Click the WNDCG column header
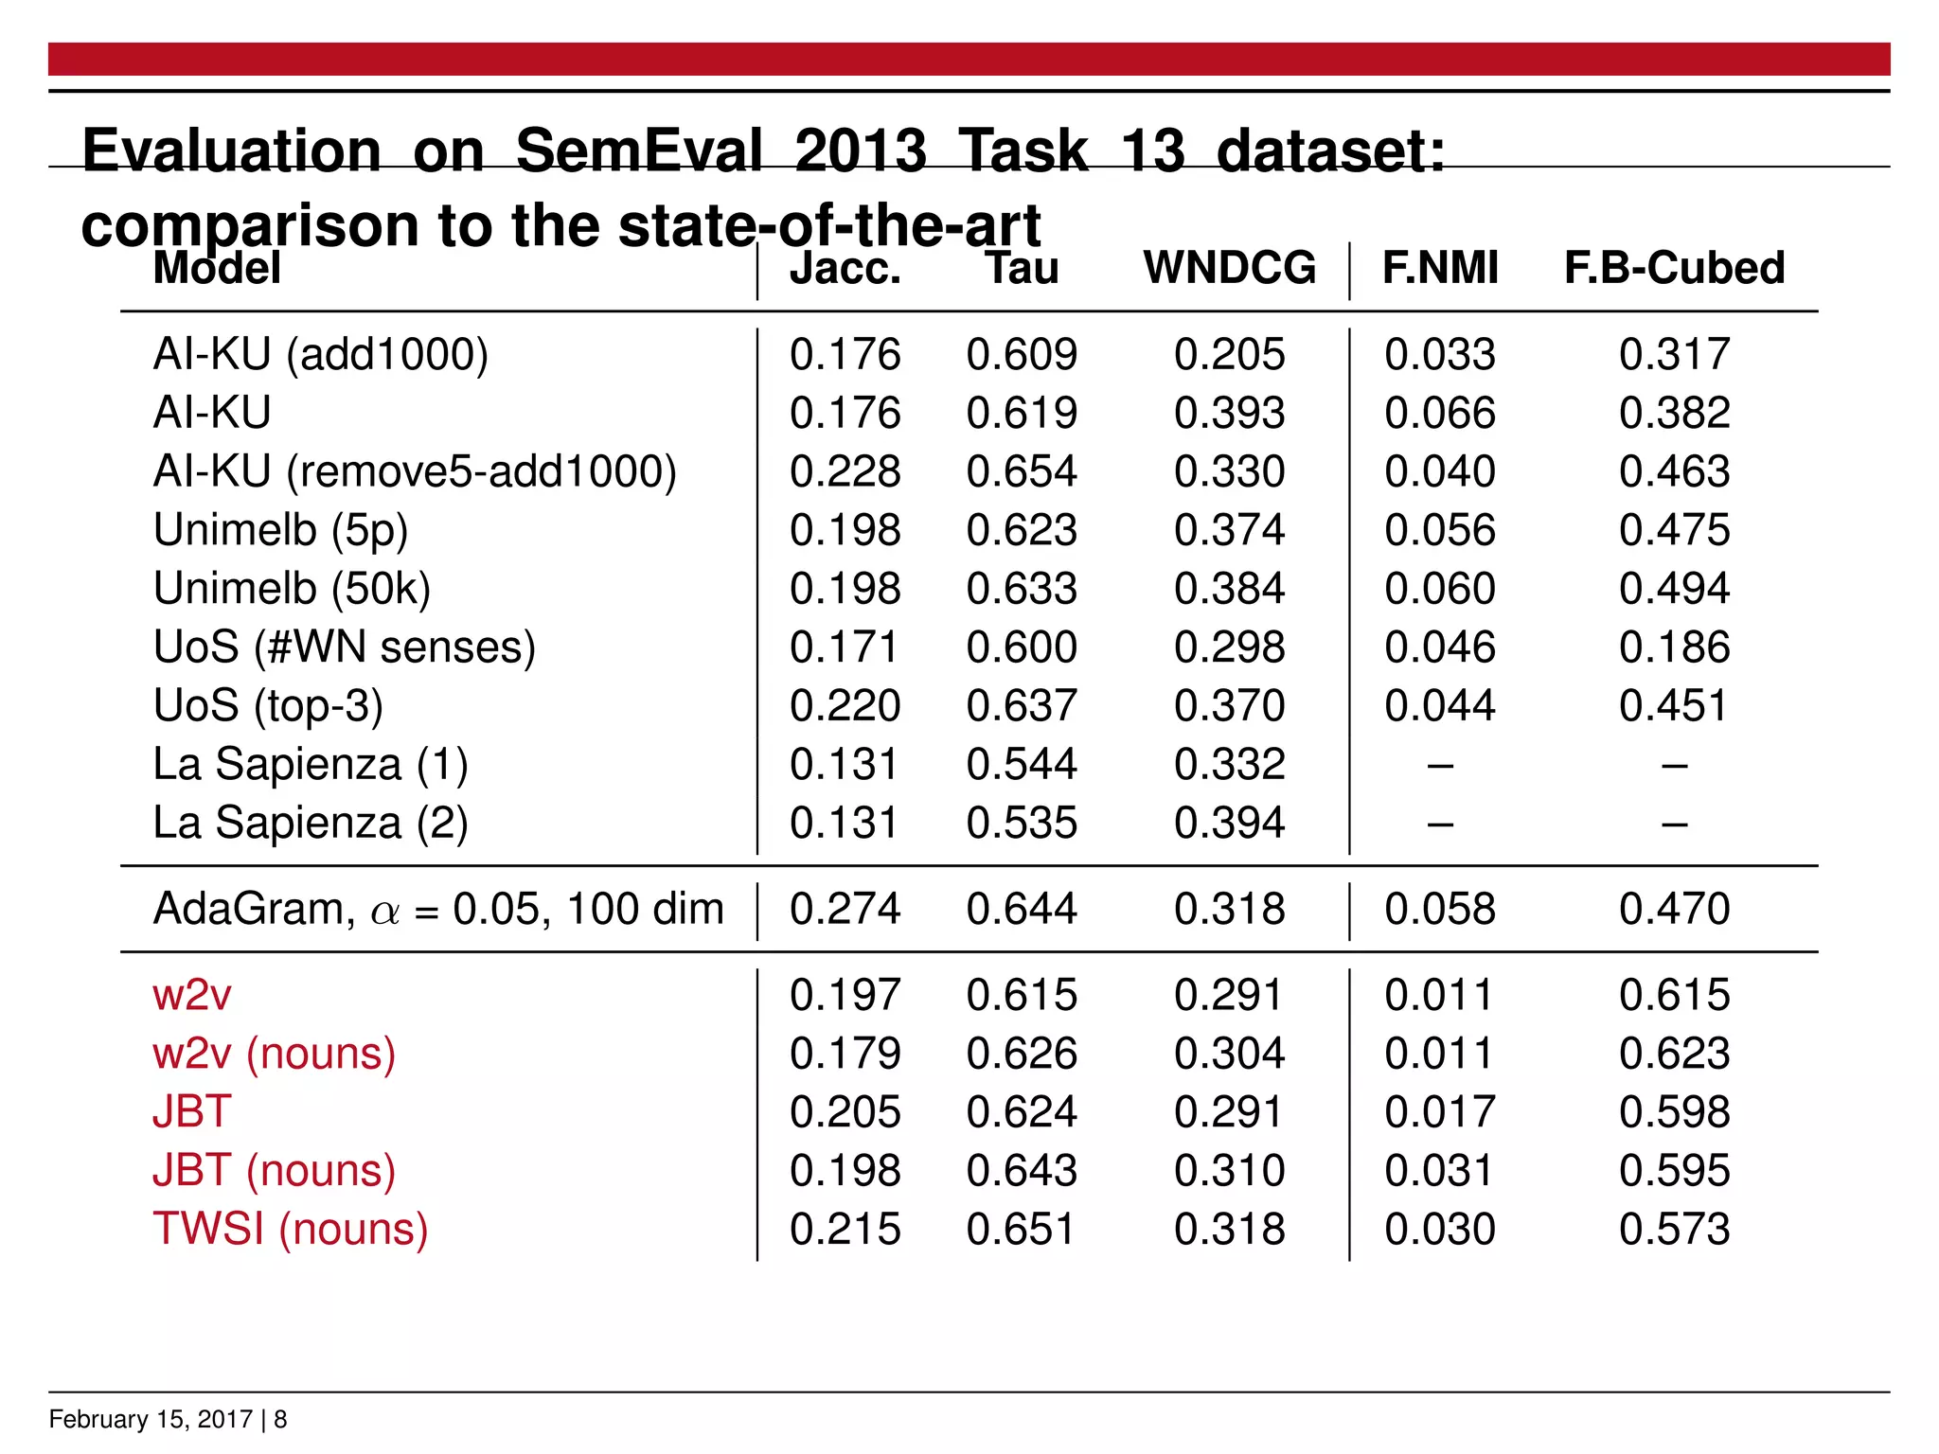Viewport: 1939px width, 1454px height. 1229,268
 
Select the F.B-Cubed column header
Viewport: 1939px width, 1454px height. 1674,268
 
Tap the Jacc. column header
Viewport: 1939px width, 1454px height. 845,268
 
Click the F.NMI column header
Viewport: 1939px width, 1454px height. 1440,268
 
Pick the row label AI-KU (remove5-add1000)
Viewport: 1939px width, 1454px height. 415,471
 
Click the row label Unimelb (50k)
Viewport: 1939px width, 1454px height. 292,589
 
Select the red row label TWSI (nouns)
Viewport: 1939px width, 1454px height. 291,1229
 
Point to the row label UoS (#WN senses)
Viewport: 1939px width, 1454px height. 345,647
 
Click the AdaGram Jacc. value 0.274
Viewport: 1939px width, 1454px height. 845,909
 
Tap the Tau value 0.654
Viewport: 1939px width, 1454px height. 1022,471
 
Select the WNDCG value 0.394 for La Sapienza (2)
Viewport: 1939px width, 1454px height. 1229,823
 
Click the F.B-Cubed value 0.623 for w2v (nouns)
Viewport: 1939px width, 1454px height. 1674,1054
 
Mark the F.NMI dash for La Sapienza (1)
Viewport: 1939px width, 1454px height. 1440,765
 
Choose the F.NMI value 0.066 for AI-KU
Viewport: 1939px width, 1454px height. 1440,414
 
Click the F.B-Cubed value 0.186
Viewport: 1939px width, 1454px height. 1674,647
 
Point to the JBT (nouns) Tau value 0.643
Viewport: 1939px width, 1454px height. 1022,1171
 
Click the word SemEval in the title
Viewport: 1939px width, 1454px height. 638,151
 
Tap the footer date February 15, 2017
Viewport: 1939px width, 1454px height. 151,1419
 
